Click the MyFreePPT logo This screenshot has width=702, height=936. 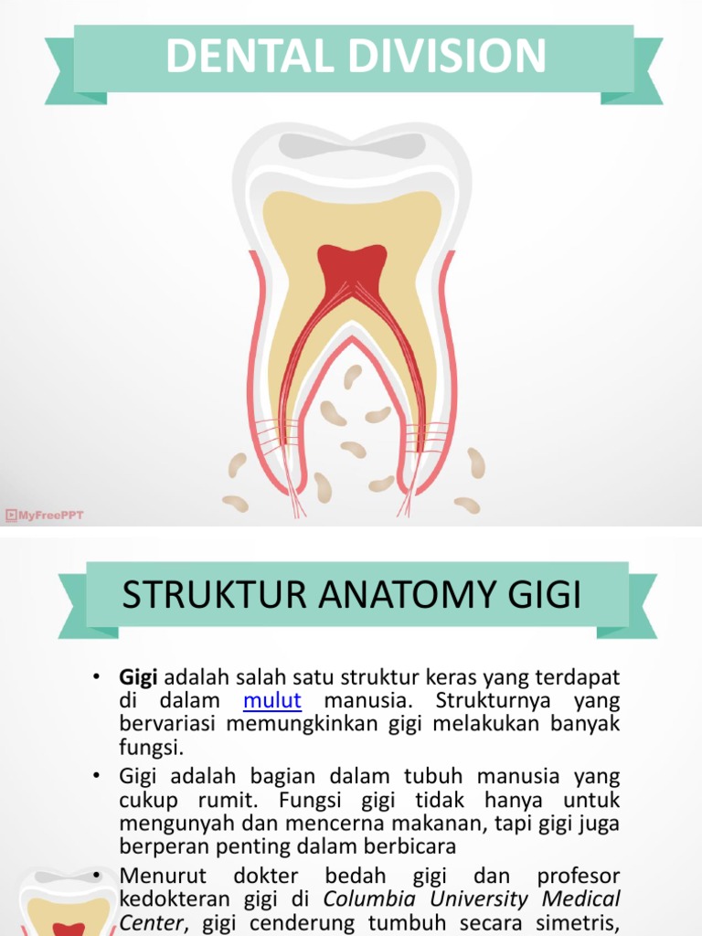point(45,516)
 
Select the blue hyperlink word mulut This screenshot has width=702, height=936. point(272,701)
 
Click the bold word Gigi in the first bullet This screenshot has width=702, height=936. point(139,677)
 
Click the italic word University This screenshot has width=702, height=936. point(487,899)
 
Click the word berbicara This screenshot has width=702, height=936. point(402,847)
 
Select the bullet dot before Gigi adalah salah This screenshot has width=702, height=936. point(94,677)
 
